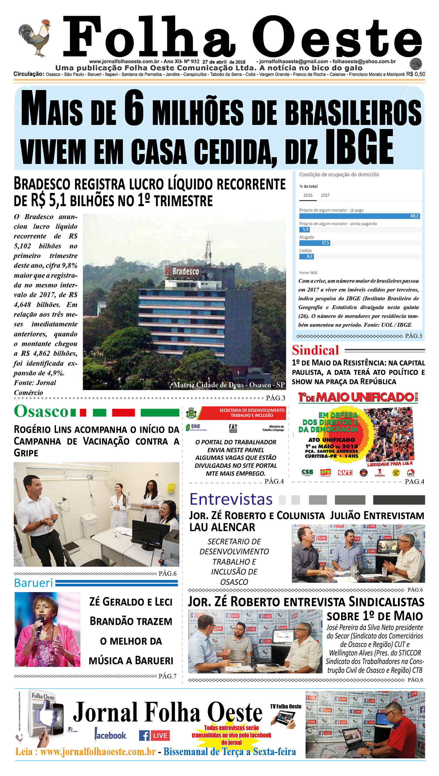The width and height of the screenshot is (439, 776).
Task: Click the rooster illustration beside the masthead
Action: pyautogui.click(x=34, y=38)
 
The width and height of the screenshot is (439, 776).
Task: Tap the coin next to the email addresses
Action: pyautogui.click(x=416, y=64)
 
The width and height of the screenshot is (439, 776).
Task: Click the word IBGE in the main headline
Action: pyautogui.click(x=359, y=147)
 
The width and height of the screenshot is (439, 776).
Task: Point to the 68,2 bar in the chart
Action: pyautogui.click(x=359, y=216)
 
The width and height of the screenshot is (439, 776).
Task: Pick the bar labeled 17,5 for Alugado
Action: pyautogui.click(x=315, y=243)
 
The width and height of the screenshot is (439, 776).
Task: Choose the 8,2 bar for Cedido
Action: pyautogui.click(x=307, y=256)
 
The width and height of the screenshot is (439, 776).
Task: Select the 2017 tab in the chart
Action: pyautogui.click(x=325, y=195)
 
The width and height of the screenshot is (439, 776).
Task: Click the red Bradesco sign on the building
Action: pyautogui.click(x=183, y=271)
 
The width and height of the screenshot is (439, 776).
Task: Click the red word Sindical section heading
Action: pyautogui.click(x=315, y=350)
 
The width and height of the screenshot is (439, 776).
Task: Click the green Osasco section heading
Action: pyautogui.click(x=41, y=411)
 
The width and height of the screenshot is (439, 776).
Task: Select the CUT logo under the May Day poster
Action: pyautogui.click(x=344, y=472)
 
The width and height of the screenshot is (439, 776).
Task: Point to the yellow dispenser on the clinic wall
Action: pyautogui.click(x=171, y=487)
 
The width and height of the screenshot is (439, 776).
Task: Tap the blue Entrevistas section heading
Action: pyautogui.click(x=231, y=499)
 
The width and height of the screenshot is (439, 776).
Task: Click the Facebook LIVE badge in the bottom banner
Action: pyautogui.click(x=154, y=736)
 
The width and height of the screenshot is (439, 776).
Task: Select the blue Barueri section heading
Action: pyautogui.click(x=33, y=583)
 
